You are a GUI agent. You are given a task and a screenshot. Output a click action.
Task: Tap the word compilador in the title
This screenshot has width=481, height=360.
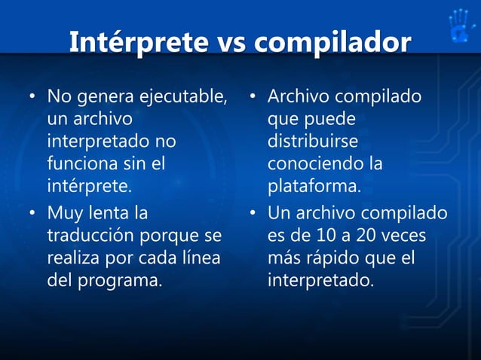coord(332,42)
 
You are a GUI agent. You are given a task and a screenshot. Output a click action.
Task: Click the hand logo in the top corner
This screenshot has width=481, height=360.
coord(459,26)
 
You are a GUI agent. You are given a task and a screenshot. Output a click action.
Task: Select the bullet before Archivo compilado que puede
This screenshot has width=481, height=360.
coord(253,98)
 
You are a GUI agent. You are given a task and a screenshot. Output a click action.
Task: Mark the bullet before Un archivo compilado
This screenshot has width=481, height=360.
coord(253,215)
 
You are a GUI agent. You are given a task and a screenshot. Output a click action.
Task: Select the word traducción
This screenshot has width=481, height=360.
coord(91,236)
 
